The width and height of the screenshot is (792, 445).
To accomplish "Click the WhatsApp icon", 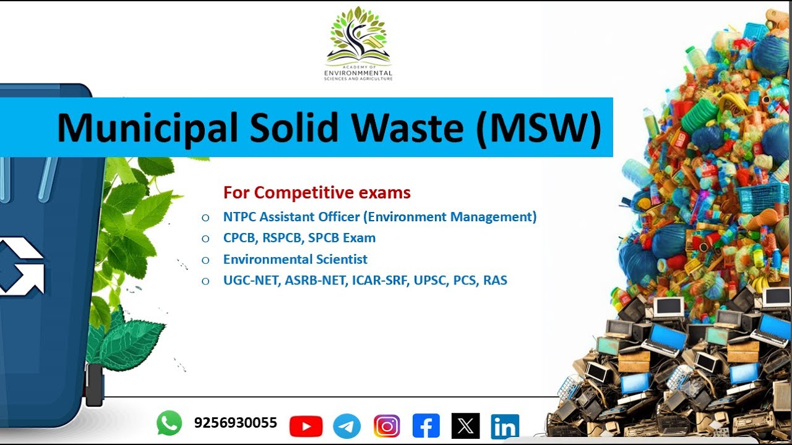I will click(169, 423).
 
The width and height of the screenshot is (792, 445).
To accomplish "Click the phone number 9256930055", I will click(235, 423).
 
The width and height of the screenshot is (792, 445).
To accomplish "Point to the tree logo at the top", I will click(359, 37).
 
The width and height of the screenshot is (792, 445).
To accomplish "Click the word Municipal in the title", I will click(147, 128).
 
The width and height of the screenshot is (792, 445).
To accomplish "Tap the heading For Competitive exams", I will click(317, 193).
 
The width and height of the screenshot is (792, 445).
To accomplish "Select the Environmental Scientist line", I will click(295, 260).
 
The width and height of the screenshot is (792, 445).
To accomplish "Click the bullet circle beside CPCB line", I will click(205, 239).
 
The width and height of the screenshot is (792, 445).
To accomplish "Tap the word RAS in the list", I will click(495, 281).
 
